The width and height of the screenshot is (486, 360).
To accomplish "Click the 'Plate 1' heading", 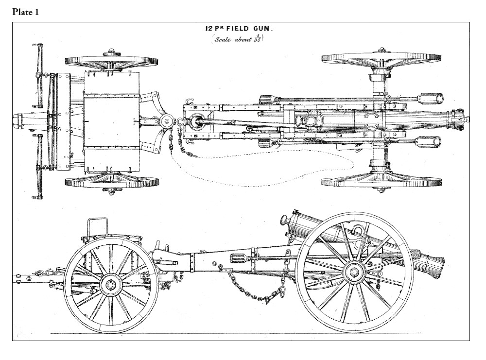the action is coord(25,12).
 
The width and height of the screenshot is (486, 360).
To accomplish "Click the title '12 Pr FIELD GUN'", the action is coord(239,29).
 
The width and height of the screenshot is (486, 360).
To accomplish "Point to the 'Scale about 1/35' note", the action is coord(238,39).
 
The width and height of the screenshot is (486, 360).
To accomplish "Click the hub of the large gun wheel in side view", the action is coord(353,272).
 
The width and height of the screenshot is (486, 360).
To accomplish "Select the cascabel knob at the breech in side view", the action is coord(284,219).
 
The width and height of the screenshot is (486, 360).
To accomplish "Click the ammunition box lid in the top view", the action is coord(112,121).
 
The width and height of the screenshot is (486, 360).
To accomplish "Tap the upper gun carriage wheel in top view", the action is coord(381,57).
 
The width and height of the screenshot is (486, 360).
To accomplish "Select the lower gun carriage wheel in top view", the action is coord(381,183).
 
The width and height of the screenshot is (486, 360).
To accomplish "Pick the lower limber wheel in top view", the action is coord(112,182).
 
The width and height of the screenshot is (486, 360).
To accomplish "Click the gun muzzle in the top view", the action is coord(458,119).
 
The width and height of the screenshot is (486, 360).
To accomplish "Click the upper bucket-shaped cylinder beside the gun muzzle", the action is coord(430,99).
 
